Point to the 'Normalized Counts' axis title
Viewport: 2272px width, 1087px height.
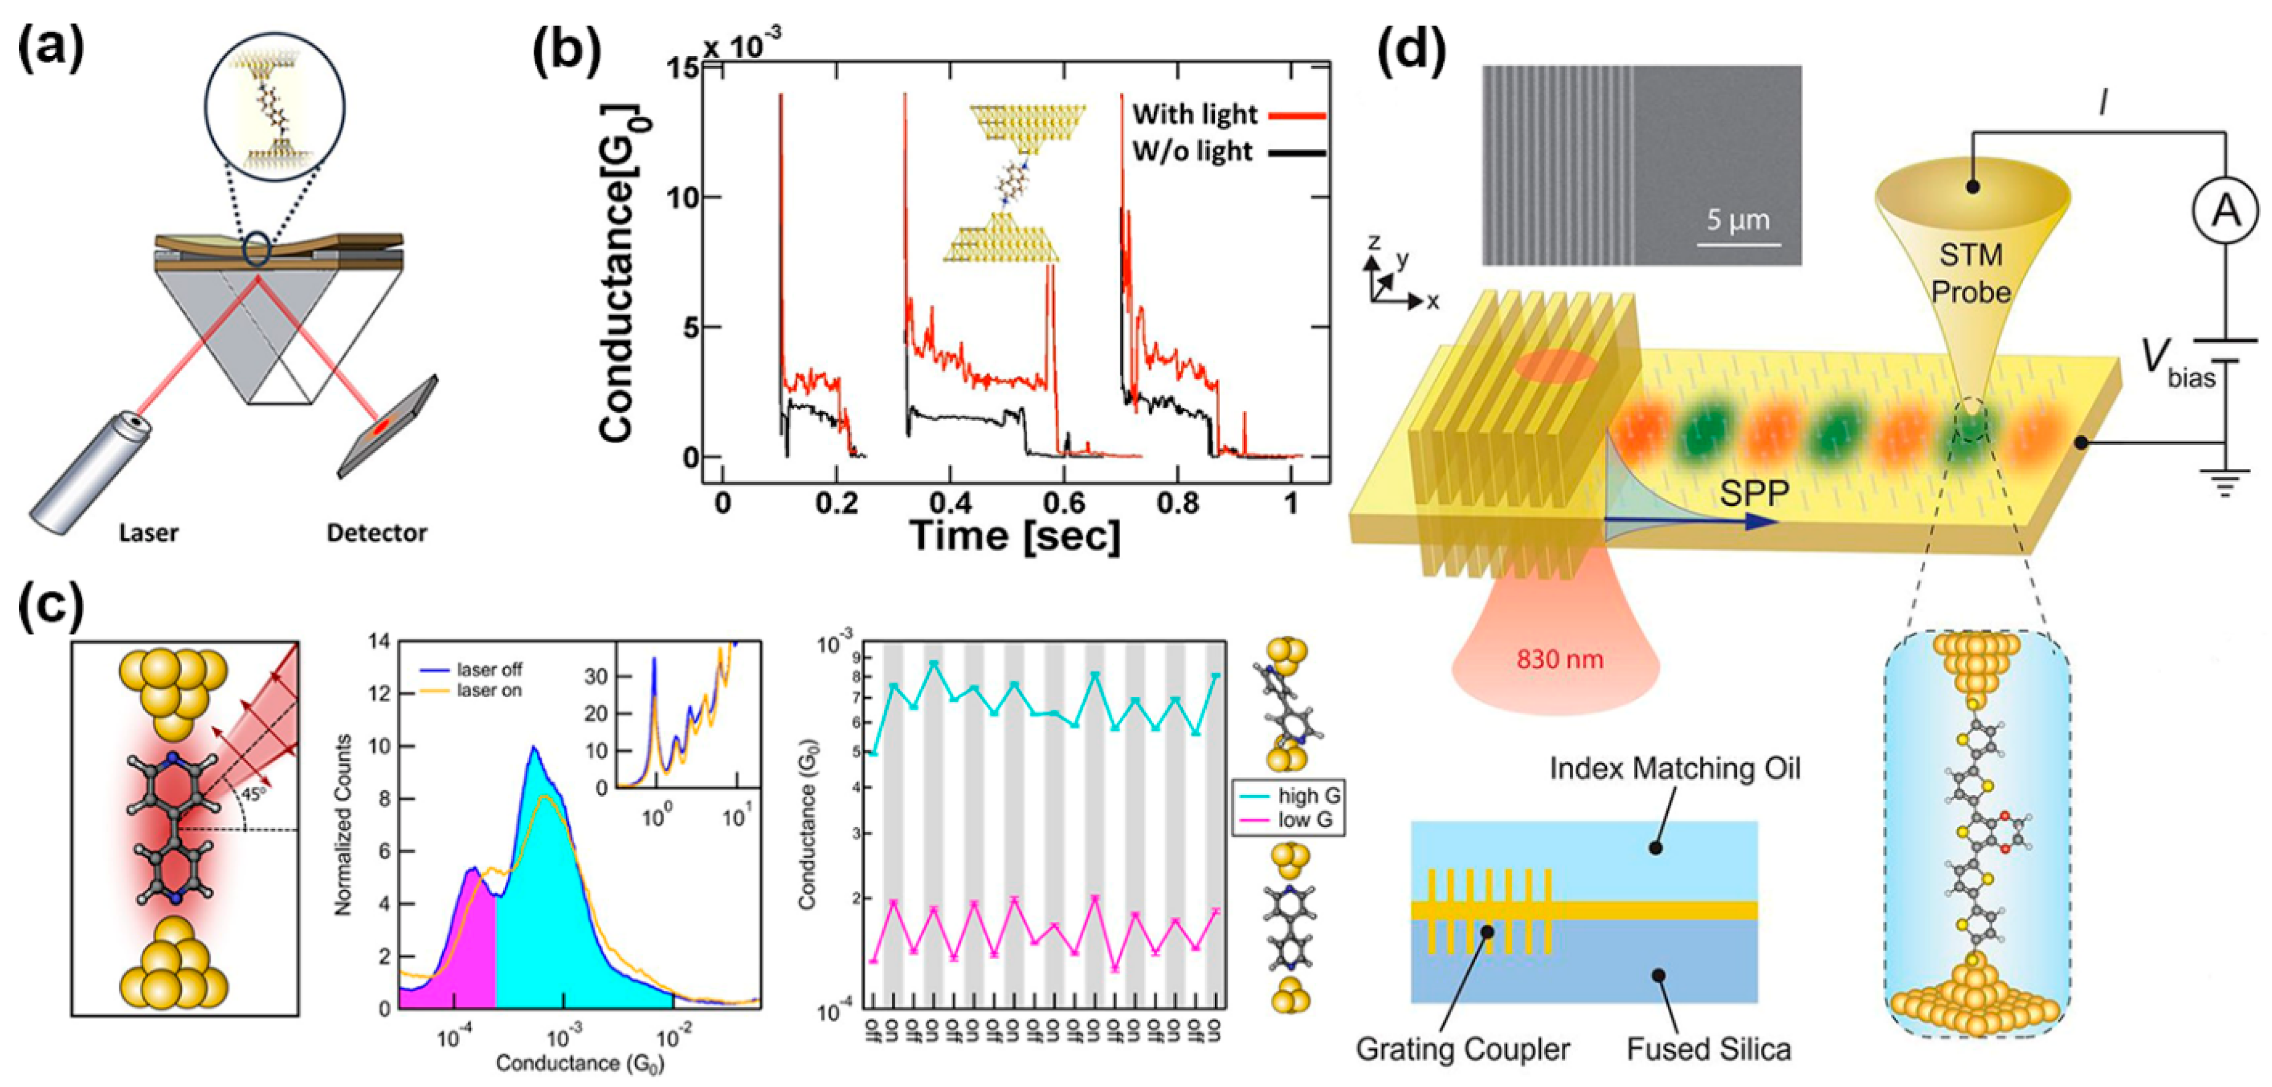coord(344,824)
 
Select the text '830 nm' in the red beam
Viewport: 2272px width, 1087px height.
coord(1559,659)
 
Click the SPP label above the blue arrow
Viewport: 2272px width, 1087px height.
coord(1753,493)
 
